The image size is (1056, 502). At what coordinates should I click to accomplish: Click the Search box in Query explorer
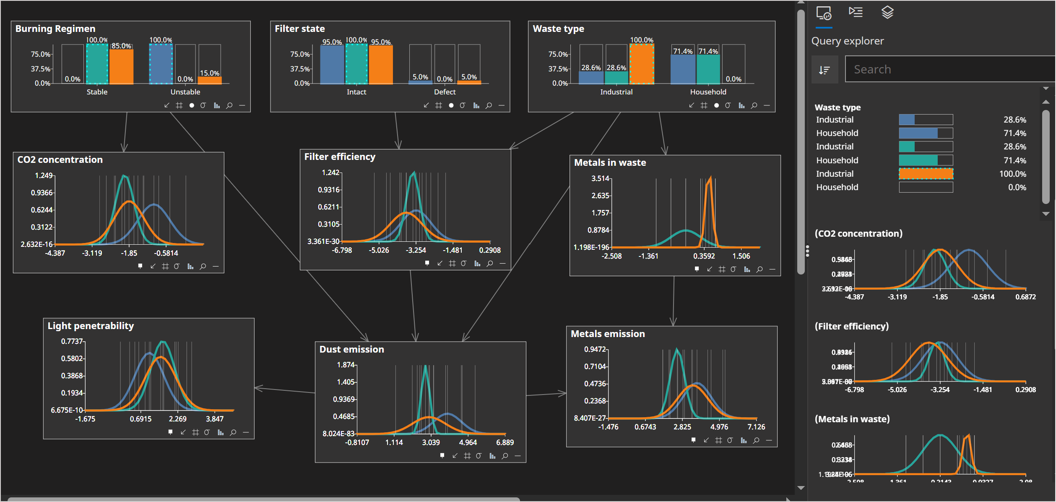[x=948, y=69]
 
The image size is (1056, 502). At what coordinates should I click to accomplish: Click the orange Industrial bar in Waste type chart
[x=641, y=64]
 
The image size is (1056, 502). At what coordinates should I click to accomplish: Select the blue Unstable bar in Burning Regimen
[x=161, y=64]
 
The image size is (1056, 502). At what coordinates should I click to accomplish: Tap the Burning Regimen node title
[x=55, y=29]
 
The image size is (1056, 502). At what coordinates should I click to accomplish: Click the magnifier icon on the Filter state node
[x=489, y=105]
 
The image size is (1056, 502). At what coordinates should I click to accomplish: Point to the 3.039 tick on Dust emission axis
[x=431, y=442]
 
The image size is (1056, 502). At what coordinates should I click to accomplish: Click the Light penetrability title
[x=91, y=326]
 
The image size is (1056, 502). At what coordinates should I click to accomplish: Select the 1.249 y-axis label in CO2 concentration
[x=44, y=175]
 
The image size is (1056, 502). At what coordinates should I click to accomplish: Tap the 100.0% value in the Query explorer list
[x=1012, y=174]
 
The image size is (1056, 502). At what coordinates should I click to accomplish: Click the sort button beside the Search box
[x=825, y=70]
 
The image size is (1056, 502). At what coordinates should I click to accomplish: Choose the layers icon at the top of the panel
[x=887, y=13]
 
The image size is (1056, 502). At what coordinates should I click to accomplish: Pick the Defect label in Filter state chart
[x=445, y=92]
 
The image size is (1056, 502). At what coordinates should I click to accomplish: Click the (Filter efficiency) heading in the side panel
[x=851, y=326]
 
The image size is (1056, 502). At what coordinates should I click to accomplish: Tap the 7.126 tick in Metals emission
[x=756, y=427]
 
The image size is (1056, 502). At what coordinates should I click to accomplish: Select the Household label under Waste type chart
[x=708, y=92]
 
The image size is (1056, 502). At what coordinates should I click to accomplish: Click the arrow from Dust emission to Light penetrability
[x=285, y=390]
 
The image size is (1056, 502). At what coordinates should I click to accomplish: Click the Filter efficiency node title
[x=340, y=157]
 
